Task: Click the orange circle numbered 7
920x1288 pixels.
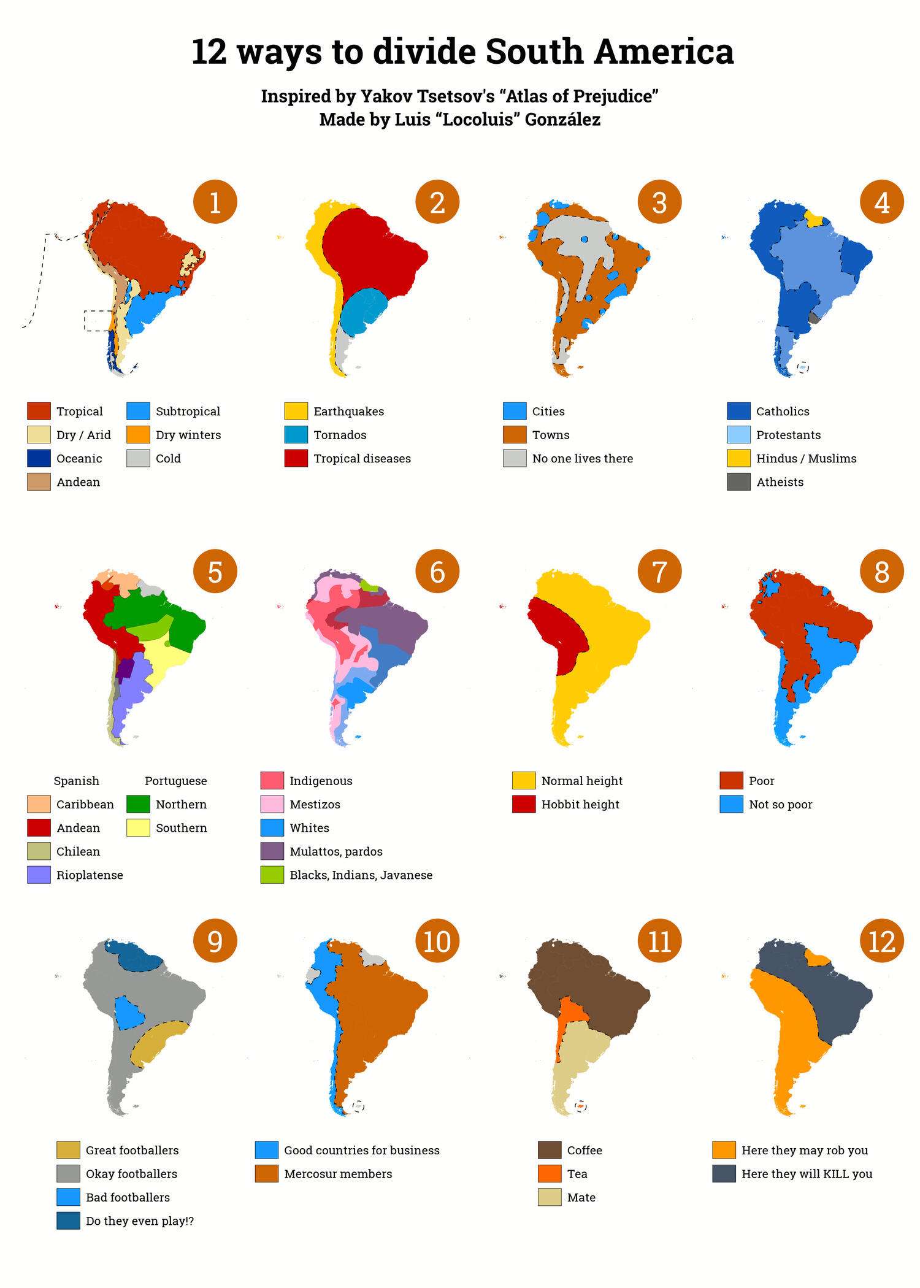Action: pos(659,571)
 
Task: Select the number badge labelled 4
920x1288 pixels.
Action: pos(881,202)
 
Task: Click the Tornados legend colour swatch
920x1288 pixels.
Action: pos(296,435)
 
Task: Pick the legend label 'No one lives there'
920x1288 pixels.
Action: pos(582,458)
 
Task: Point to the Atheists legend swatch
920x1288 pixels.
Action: pos(738,482)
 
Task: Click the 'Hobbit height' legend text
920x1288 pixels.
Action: pos(580,804)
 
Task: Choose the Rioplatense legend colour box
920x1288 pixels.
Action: pos(39,875)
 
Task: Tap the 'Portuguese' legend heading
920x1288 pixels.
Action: pos(175,781)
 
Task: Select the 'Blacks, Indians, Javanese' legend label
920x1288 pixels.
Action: pos(361,875)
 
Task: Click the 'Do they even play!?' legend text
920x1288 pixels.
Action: pos(140,1221)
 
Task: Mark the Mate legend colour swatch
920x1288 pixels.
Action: pos(550,1197)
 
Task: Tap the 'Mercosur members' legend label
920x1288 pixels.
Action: pos(338,1174)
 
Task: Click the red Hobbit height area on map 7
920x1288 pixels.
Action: pos(558,635)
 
